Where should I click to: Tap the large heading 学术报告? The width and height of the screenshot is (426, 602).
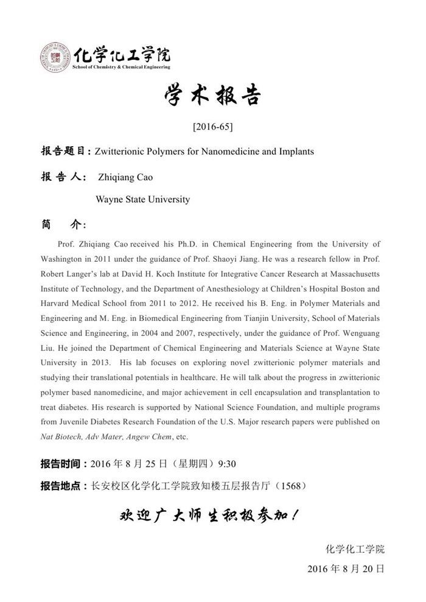(x=212, y=96)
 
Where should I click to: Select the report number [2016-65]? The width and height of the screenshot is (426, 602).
(x=212, y=127)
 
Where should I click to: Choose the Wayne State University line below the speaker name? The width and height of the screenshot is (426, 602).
(x=143, y=199)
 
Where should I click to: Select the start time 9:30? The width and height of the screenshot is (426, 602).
(x=226, y=464)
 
